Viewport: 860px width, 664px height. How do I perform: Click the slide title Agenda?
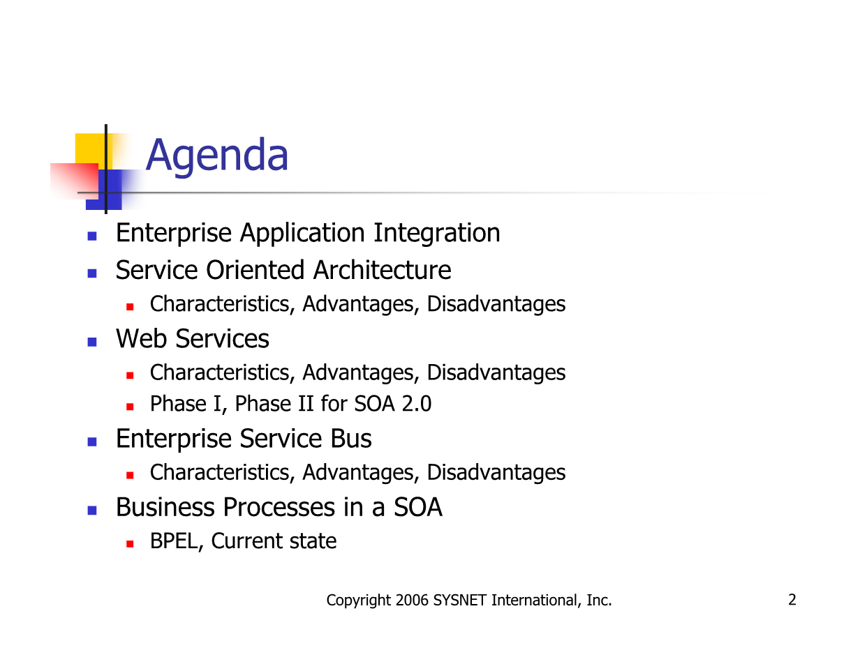pos(216,156)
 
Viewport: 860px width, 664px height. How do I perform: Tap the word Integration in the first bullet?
pos(436,234)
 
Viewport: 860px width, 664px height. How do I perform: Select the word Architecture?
pos(382,270)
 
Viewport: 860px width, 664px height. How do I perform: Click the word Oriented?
pos(255,270)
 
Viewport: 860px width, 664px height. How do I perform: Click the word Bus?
pos(351,439)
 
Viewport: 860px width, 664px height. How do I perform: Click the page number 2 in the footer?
pos(792,600)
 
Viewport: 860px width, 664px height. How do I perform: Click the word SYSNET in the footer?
pos(459,601)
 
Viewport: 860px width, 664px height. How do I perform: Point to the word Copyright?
pos(359,601)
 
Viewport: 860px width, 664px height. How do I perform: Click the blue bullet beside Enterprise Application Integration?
pos(92,236)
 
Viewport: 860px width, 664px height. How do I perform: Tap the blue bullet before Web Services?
pos(92,342)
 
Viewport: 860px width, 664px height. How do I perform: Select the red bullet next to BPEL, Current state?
pos(130,544)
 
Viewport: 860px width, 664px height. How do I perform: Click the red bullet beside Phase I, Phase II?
pos(130,407)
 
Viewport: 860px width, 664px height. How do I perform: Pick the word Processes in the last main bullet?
pos(279,507)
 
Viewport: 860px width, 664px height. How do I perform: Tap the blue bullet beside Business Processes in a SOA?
pos(92,510)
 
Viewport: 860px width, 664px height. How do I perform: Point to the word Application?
pos(302,234)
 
